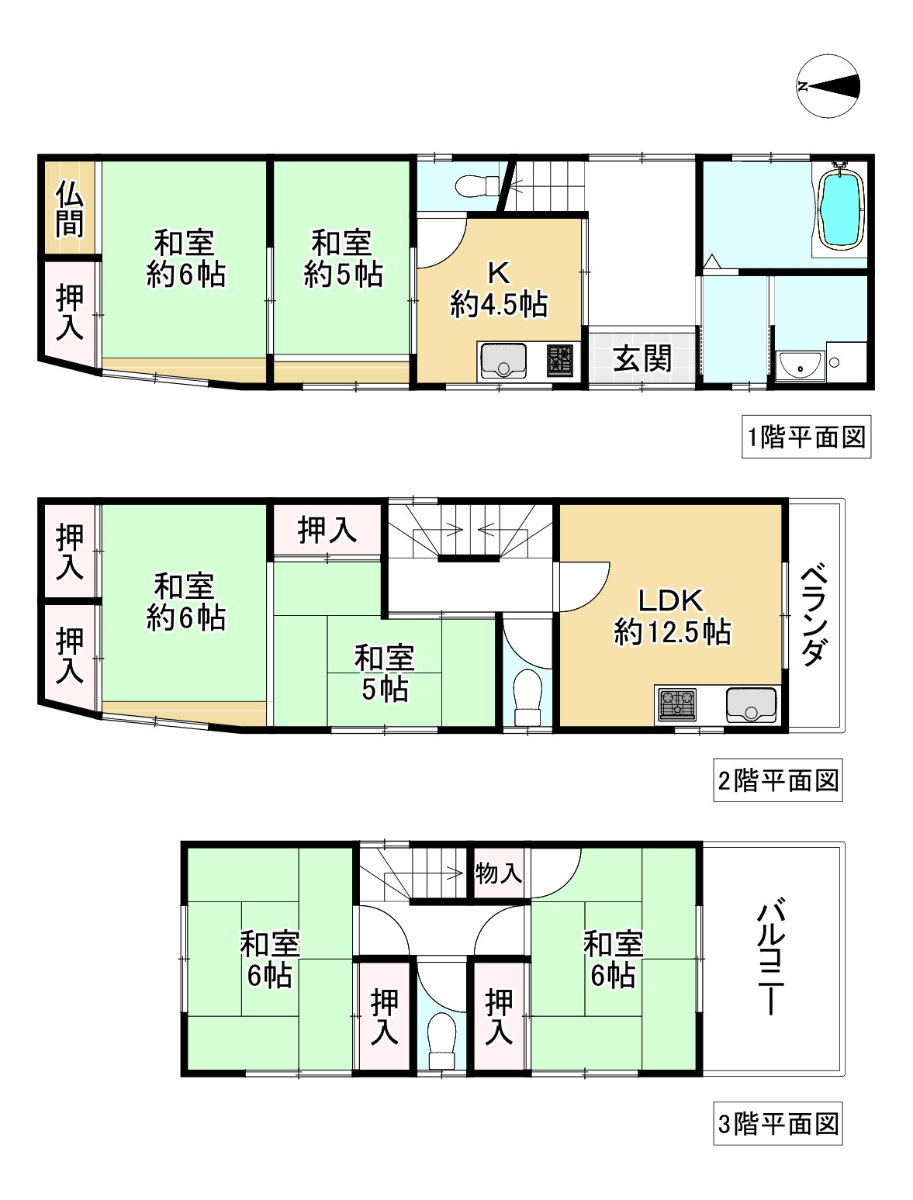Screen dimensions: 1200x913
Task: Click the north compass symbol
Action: pos(829,86)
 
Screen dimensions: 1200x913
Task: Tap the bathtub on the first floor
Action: pos(841,208)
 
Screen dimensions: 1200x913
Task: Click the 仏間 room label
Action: pos(69,208)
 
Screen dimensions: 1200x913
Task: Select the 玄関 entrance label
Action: pos(642,358)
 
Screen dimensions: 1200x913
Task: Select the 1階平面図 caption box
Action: pos(806,437)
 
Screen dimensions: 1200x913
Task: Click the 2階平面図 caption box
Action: pos(778,780)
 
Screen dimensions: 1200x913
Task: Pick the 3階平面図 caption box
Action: pos(778,1123)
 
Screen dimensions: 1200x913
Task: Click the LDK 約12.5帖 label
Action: pos(672,617)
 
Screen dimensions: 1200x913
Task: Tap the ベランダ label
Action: pos(812,615)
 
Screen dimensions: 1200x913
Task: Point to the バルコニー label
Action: pos(772,957)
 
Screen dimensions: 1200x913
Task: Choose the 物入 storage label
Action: pos(499,873)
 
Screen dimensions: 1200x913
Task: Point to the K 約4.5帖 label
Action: pos(499,289)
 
